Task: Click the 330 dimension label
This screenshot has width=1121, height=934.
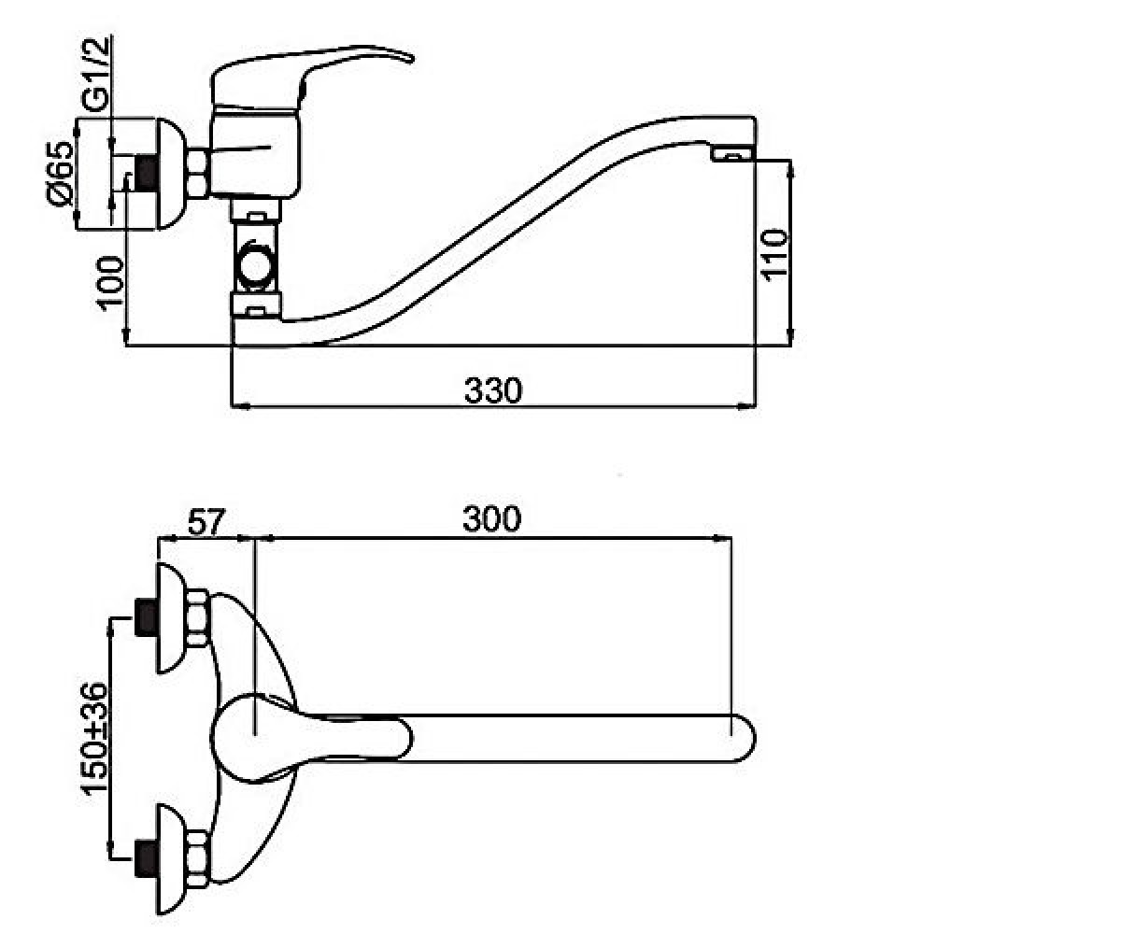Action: (x=493, y=390)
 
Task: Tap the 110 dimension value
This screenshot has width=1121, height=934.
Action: (x=774, y=254)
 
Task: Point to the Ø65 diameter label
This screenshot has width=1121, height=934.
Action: (x=59, y=173)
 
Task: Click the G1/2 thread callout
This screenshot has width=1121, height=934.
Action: (x=96, y=74)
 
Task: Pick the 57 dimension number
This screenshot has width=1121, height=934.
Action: (x=206, y=521)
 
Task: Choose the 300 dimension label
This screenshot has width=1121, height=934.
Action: (x=491, y=518)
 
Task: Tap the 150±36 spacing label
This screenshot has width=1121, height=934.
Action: (x=94, y=739)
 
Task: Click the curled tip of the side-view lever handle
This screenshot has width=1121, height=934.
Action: (x=409, y=58)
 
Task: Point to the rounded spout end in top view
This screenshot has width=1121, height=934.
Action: (x=745, y=738)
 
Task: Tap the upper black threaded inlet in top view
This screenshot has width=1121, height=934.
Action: (x=146, y=617)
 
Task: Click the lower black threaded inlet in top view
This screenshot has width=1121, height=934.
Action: (x=146, y=859)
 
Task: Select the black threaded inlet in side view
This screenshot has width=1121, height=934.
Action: (x=146, y=173)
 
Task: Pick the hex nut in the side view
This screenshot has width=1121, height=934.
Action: (x=197, y=174)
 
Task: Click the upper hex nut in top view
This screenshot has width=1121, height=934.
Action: (x=197, y=617)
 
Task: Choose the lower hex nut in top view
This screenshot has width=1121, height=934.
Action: (x=197, y=858)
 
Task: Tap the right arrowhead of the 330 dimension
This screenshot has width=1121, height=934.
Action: (x=746, y=406)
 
